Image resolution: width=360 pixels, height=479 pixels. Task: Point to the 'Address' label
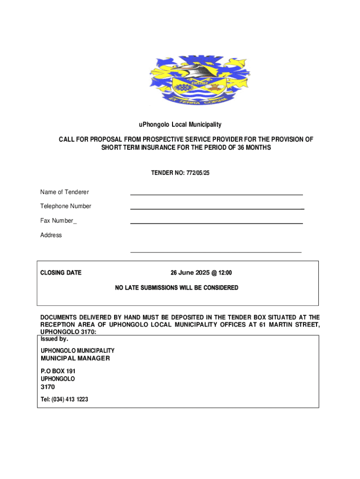(51, 235)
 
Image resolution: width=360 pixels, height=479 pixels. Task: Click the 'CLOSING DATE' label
(61, 273)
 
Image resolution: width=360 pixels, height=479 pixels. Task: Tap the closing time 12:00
(224, 273)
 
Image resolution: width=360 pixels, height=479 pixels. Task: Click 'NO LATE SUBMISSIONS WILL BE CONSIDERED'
(177, 288)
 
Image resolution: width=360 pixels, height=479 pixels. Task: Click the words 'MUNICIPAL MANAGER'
(75, 358)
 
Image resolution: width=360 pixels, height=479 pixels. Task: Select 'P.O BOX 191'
(58, 371)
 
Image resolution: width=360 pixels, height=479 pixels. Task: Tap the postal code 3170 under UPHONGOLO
(48, 387)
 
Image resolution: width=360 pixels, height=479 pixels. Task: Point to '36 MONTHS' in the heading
(252, 147)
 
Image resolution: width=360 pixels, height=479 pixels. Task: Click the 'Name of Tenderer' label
(65, 192)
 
